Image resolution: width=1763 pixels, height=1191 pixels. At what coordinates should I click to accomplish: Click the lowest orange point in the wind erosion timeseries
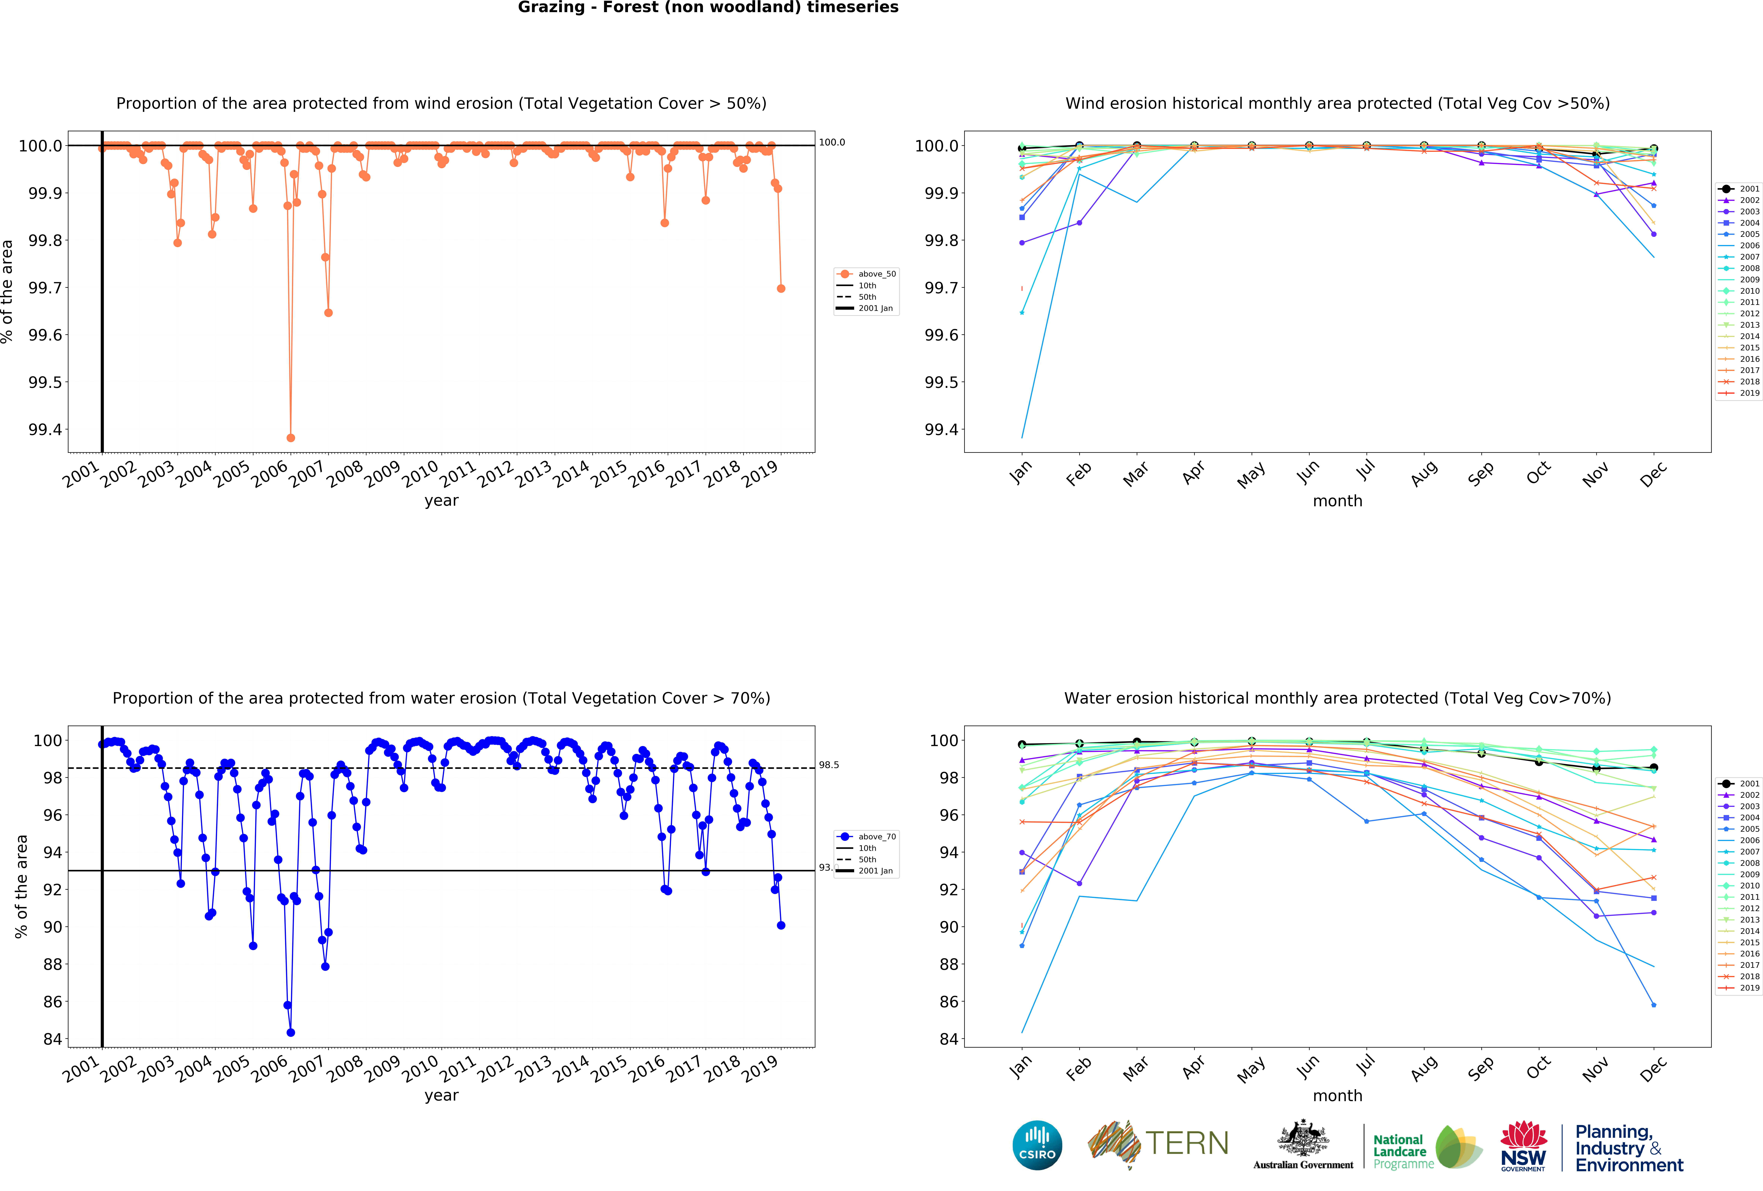(x=291, y=438)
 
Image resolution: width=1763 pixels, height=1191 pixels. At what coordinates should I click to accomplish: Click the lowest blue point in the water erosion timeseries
(x=291, y=1032)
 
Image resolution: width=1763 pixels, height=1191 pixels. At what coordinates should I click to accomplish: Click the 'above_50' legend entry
(x=876, y=274)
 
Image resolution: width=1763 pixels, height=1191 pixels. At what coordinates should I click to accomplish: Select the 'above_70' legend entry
(x=876, y=837)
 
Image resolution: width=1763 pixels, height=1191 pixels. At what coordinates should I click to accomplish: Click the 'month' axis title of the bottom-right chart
(x=1337, y=1095)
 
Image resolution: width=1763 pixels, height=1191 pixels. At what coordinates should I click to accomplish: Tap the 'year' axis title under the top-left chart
(x=441, y=501)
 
